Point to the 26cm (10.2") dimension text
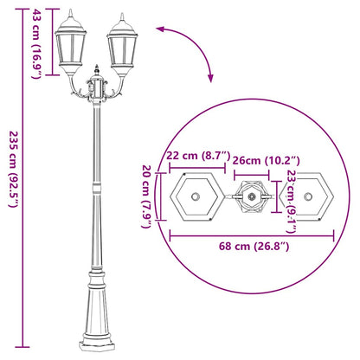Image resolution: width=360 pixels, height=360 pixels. pos(267,159)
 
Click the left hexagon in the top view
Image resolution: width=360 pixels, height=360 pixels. pos(198,196)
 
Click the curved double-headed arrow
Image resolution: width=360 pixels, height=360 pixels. pos(194,48)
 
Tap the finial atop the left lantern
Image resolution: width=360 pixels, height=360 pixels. pos(71,12)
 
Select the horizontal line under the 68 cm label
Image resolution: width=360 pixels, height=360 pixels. pos(255,235)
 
